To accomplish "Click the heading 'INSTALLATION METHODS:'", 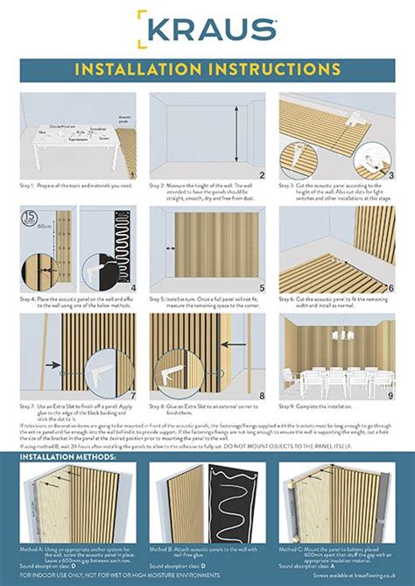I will coord(66,456).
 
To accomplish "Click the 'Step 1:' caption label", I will coord(28,187).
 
